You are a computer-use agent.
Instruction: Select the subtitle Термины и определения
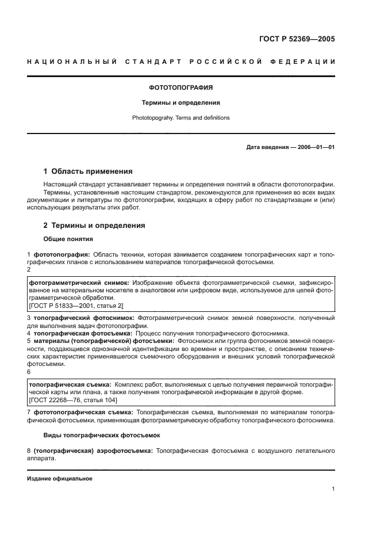tap(181, 103)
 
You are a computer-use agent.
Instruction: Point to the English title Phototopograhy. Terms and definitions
tap(181, 117)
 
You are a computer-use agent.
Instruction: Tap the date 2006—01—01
tap(314, 147)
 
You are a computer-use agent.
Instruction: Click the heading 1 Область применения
tap(88, 171)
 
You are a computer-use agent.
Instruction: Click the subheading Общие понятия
tap(68, 239)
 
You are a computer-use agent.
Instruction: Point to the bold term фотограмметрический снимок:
tap(79, 283)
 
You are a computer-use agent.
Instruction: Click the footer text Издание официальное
tap(59, 479)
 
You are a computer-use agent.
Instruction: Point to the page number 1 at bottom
tap(333, 489)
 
